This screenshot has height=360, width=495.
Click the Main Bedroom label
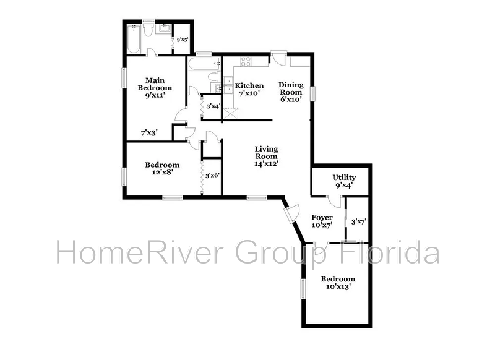(155, 88)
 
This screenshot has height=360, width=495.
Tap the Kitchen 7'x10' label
(249, 89)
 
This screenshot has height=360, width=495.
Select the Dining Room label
(291, 92)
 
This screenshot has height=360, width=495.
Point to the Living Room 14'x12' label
(266, 156)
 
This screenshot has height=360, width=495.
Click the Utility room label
(344, 181)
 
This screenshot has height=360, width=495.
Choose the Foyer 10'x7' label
(322, 221)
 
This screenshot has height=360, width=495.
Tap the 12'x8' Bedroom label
(162, 168)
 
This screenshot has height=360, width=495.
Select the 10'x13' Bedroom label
(338, 283)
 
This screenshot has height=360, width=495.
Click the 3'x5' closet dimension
(183, 40)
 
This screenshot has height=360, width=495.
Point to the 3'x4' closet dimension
(213, 106)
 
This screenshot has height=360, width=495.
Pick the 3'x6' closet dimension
(212, 176)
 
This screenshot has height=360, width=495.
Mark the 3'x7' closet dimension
(358, 222)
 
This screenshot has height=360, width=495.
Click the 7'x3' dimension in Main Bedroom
(149, 133)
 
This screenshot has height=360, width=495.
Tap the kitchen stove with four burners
(246, 61)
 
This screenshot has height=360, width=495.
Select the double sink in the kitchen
(228, 85)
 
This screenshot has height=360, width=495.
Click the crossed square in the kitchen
(231, 113)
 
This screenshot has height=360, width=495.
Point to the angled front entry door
(291, 213)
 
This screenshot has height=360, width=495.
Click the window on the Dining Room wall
(313, 93)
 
